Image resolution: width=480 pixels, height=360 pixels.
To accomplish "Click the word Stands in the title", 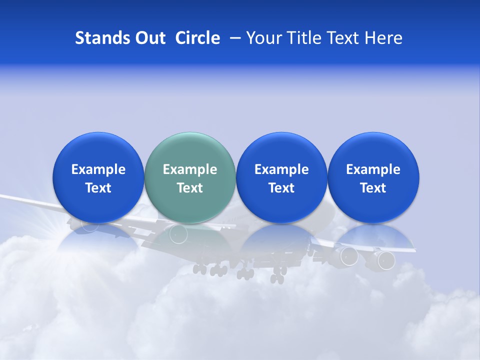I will click(95, 38).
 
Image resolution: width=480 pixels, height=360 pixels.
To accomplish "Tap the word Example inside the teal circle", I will click(190, 169).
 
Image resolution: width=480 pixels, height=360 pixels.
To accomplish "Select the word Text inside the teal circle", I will click(190, 188).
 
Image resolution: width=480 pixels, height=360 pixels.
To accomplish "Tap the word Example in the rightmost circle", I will click(373, 169).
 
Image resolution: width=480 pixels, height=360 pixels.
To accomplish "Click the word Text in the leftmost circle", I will click(98, 188).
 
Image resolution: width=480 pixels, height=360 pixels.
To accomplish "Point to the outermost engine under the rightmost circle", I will click(385, 259).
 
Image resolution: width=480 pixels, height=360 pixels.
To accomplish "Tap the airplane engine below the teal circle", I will click(178, 233).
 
